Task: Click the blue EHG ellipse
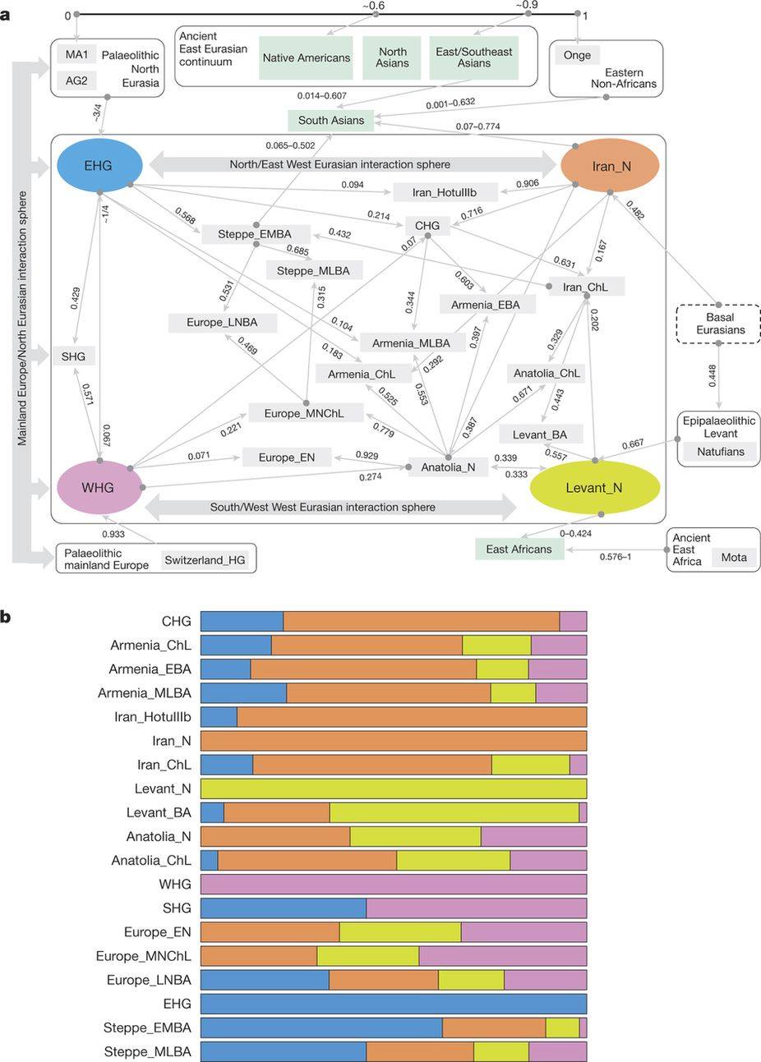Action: coord(98,166)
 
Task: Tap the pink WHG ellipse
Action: coord(98,488)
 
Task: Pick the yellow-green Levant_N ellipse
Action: coord(593,488)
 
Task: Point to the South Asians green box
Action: coord(331,120)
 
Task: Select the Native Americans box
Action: coord(307,57)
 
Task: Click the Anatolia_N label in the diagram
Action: coord(448,467)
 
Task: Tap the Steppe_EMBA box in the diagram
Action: coord(255,234)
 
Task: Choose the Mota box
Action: coord(734,557)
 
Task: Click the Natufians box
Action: coord(721,452)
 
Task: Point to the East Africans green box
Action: coord(519,549)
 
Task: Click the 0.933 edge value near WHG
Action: coord(113,534)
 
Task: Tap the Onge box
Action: coord(577,56)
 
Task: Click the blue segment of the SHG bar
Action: coord(284,908)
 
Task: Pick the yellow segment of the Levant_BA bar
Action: coord(454,812)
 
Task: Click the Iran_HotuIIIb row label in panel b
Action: coord(153,717)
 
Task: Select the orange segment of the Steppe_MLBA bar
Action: coord(420,1051)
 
